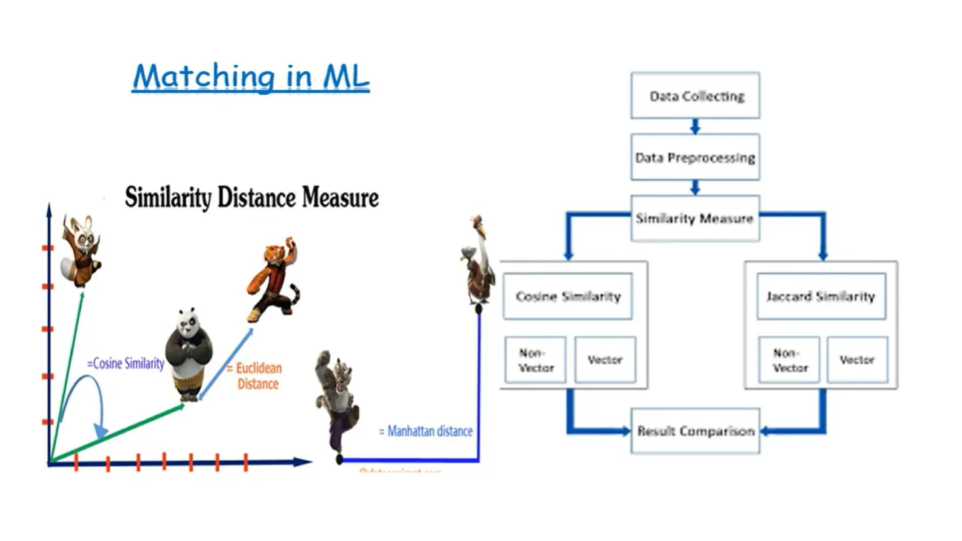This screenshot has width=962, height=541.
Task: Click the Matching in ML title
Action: (251, 77)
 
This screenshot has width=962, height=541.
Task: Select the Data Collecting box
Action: (695, 96)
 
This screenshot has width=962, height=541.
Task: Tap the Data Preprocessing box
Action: (695, 157)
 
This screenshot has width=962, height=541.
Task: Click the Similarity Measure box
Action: (695, 218)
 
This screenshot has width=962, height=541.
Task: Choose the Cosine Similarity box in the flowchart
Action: (568, 296)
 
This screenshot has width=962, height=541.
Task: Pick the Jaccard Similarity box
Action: (821, 296)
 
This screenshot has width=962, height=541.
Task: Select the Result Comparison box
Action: (695, 431)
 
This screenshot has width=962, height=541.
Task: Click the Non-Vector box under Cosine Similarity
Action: (535, 360)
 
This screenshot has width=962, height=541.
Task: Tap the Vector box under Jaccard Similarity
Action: (857, 360)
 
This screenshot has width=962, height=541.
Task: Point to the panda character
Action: (189, 355)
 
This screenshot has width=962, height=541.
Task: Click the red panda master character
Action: (81, 251)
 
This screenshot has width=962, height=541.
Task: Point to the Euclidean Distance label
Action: (257, 376)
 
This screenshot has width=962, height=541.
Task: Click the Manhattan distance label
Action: (426, 431)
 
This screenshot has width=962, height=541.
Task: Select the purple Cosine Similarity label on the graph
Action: (126, 363)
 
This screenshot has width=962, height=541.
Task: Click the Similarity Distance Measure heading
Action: (252, 197)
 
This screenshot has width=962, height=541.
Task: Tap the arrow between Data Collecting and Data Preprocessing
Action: (695, 126)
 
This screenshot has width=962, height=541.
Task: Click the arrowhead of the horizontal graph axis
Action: (303, 462)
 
